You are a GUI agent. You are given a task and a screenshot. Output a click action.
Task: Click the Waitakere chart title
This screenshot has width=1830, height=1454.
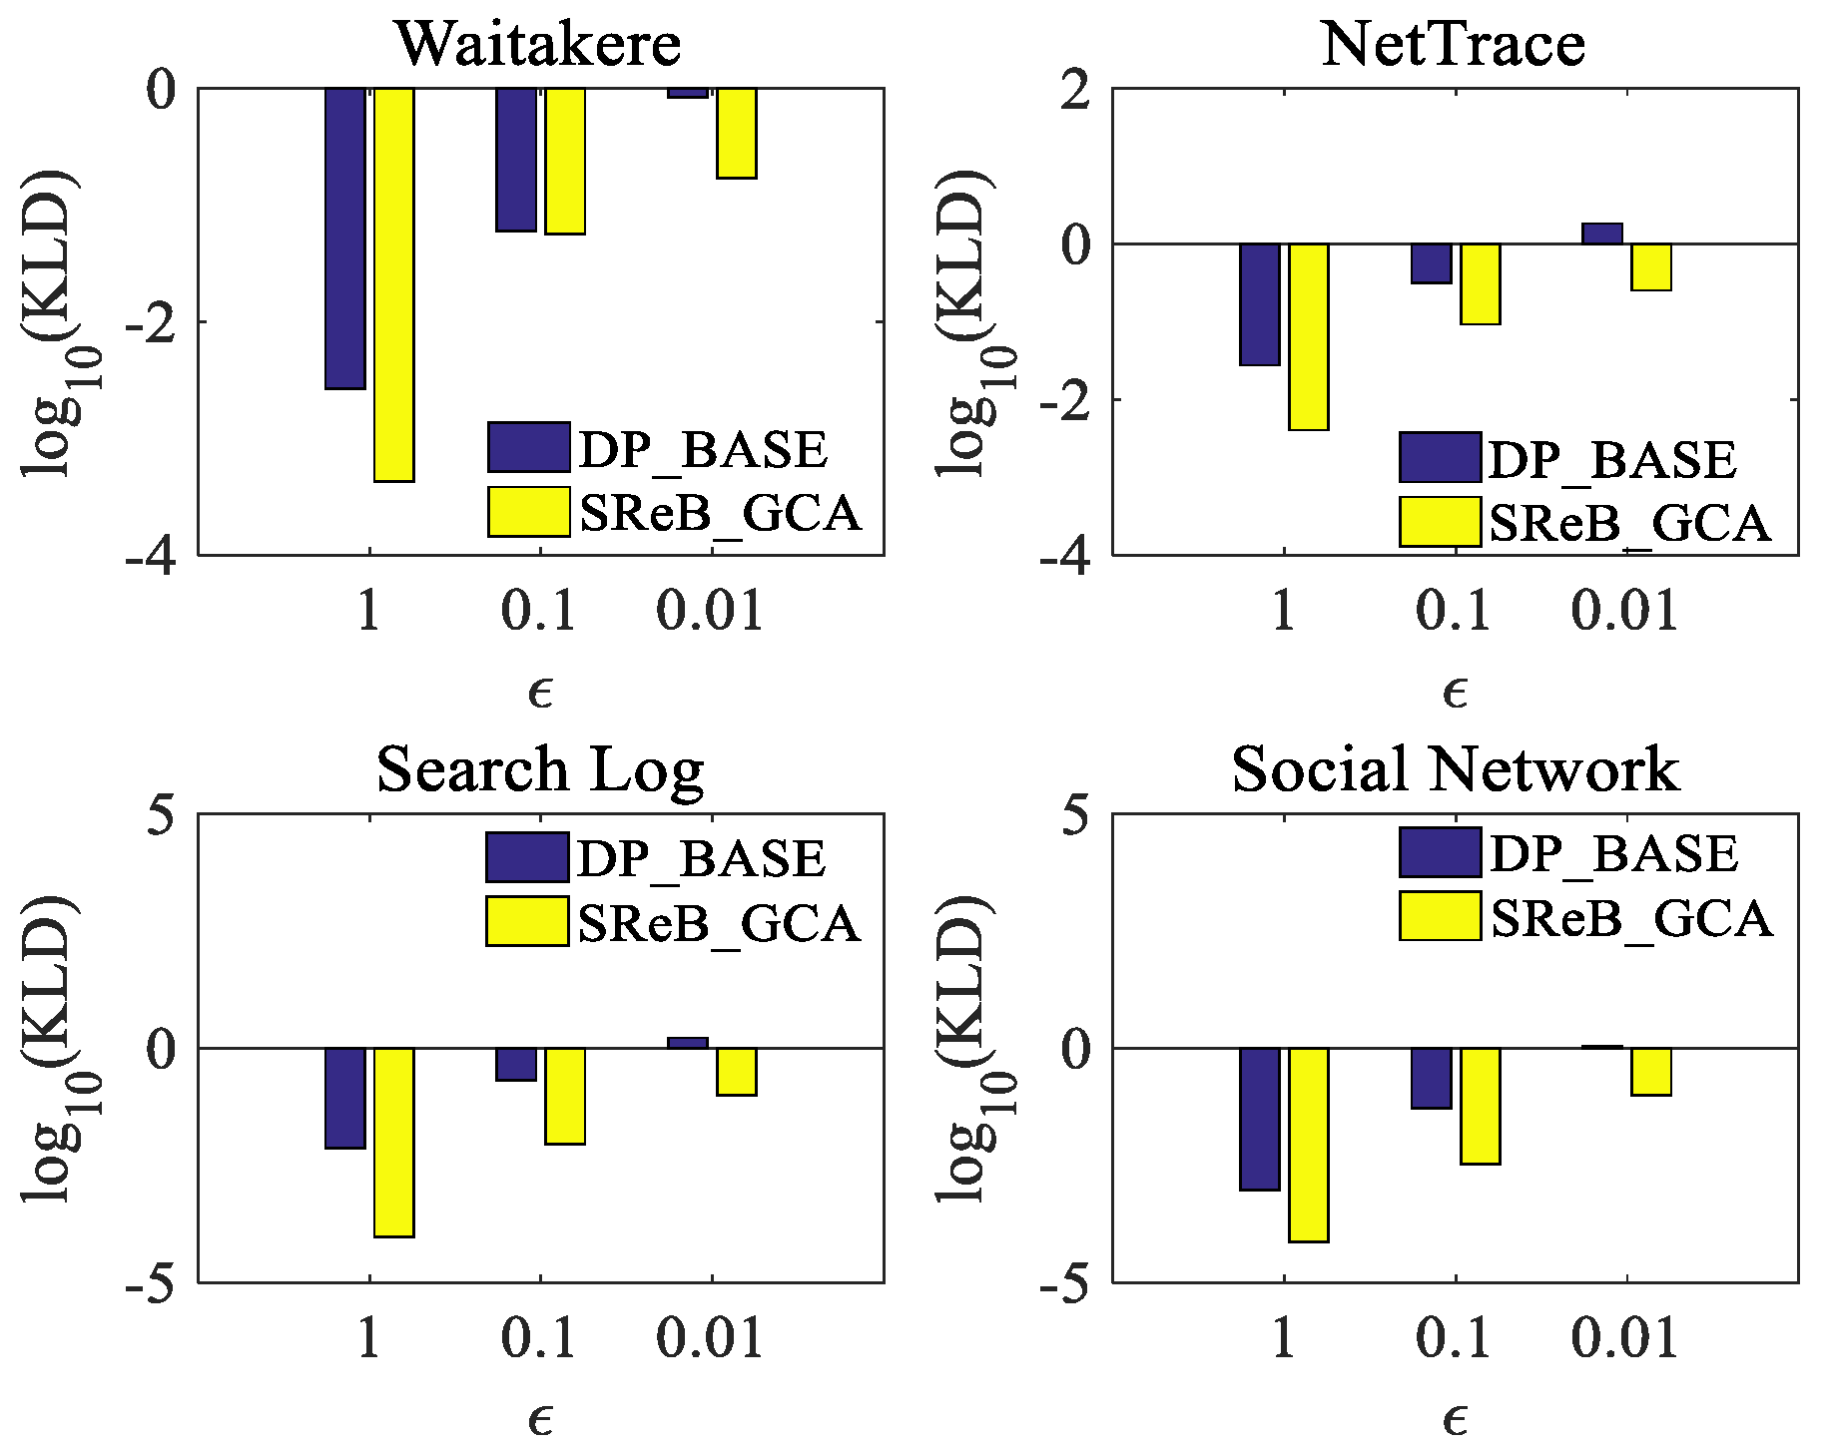click(x=538, y=45)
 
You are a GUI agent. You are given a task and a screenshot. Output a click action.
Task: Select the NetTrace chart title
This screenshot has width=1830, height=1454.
click(x=1453, y=45)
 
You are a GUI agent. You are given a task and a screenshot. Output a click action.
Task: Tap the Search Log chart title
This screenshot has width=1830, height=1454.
click(x=540, y=770)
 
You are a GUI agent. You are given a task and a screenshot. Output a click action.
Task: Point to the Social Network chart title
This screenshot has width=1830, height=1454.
click(x=1455, y=770)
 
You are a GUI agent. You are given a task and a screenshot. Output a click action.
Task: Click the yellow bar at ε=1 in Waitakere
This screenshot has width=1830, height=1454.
click(x=394, y=284)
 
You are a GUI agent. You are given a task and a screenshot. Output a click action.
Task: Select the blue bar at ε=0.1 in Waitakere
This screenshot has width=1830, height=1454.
click(x=516, y=160)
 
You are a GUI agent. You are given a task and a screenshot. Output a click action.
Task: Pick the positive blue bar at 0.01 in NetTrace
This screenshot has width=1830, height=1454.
click(x=1602, y=234)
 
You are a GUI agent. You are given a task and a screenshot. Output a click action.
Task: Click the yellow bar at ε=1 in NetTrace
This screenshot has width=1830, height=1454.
click(x=1309, y=336)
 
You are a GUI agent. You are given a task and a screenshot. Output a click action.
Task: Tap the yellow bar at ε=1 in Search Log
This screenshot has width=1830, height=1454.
click(x=394, y=1142)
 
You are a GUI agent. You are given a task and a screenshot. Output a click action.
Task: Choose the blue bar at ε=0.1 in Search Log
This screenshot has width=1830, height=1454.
click(x=516, y=1064)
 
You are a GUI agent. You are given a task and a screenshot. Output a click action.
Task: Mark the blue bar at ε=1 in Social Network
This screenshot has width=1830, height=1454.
click(x=1260, y=1119)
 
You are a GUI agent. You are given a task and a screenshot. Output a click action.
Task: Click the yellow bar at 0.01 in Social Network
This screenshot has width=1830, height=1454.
click(x=1651, y=1072)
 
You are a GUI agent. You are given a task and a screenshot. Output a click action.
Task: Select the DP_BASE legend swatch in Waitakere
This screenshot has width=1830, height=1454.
click(x=529, y=447)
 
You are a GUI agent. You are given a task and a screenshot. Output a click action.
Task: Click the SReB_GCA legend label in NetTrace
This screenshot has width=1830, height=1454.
click(x=1629, y=523)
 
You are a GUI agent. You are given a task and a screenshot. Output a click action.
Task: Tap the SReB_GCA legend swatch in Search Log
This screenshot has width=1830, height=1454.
click(x=527, y=920)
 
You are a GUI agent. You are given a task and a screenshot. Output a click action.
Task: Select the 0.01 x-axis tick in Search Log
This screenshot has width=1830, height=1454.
click(x=710, y=1337)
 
